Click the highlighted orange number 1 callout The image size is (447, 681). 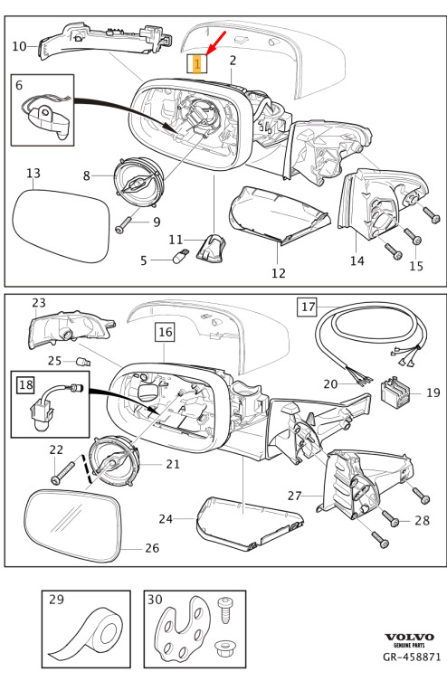pyautogui.click(x=197, y=64)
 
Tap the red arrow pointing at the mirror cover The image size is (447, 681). pyautogui.click(x=216, y=43)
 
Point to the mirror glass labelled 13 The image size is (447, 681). pyautogui.click(x=61, y=224)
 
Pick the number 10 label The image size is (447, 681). pyautogui.click(x=20, y=45)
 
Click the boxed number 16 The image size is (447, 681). pyautogui.click(x=165, y=332)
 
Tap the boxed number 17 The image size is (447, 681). pyautogui.click(x=308, y=307)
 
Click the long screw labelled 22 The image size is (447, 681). pyautogui.click(x=62, y=472)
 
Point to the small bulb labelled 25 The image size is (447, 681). pyautogui.click(x=83, y=362)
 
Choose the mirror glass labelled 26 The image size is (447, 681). pyautogui.click(x=72, y=525)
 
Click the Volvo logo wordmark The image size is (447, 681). pyautogui.click(x=409, y=637)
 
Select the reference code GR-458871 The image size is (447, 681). pyautogui.click(x=412, y=657)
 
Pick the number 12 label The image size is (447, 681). pyautogui.click(x=279, y=273)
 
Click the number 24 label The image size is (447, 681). pyautogui.click(x=166, y=518)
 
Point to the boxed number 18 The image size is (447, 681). pyautogui.click(x=26, y=384)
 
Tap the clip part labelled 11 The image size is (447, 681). pyautogui.click(x=209, y=249)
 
